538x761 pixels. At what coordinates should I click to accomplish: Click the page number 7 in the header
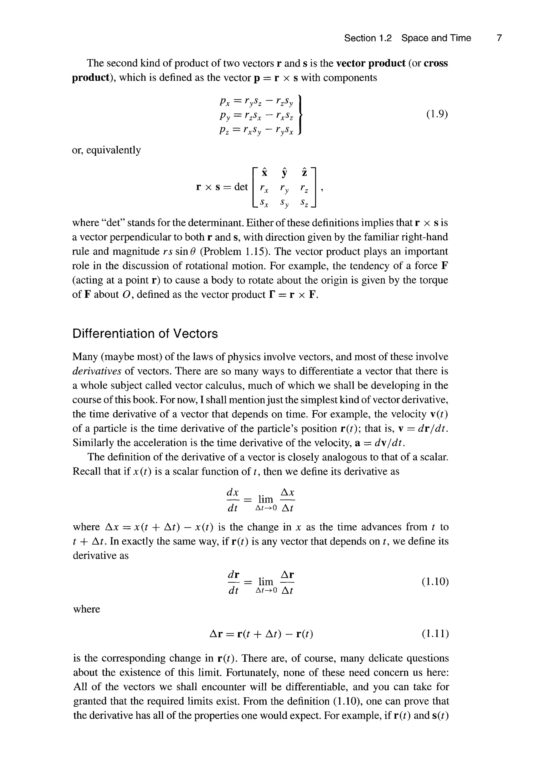click(x=499, y=38)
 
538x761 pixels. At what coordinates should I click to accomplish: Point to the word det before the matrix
click(x=241, y=187)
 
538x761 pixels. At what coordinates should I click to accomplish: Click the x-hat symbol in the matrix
click(x=264, y=172)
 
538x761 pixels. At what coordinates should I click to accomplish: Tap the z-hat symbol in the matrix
click(x=304, y=172)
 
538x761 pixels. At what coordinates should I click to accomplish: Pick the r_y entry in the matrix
click(x=284, y=189)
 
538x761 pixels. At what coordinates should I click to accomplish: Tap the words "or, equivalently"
click(x=106, y=150)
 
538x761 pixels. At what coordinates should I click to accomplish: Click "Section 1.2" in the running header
click(x=368, y=38)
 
